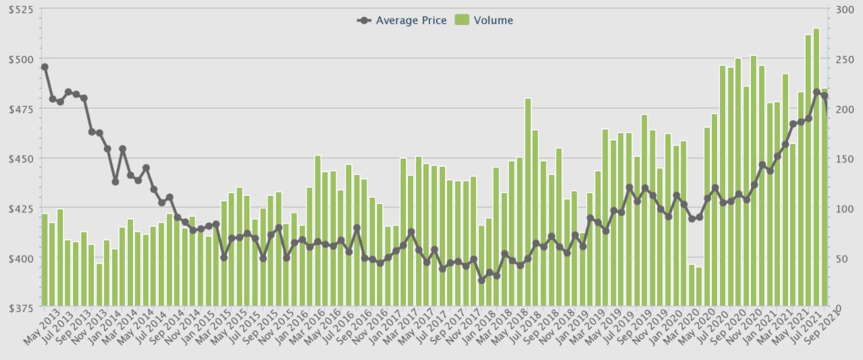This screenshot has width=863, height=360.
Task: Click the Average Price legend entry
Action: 402,20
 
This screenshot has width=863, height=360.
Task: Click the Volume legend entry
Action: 486,20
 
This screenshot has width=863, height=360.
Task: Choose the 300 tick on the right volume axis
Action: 844,10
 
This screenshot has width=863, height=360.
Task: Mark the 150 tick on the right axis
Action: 844,159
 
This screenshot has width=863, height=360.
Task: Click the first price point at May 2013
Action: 45,67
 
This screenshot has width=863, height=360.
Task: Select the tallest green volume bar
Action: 816,169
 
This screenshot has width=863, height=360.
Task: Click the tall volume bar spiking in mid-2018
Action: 528,203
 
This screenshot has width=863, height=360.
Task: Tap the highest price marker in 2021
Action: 816,92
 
